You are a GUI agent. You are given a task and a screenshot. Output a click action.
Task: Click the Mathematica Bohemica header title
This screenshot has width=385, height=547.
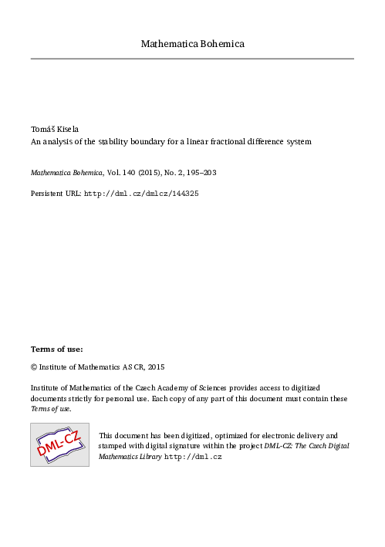click(x=192, y=44)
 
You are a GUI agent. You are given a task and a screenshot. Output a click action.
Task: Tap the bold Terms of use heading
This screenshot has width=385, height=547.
click(x=56, y=349)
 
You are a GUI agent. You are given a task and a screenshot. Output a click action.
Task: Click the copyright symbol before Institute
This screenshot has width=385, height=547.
click(x=34, y=367)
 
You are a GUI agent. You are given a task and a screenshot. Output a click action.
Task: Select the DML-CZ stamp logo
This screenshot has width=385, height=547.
click(x=59, y=444)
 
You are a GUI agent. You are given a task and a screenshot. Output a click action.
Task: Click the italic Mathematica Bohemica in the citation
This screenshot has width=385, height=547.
click(x=65, y=174)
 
